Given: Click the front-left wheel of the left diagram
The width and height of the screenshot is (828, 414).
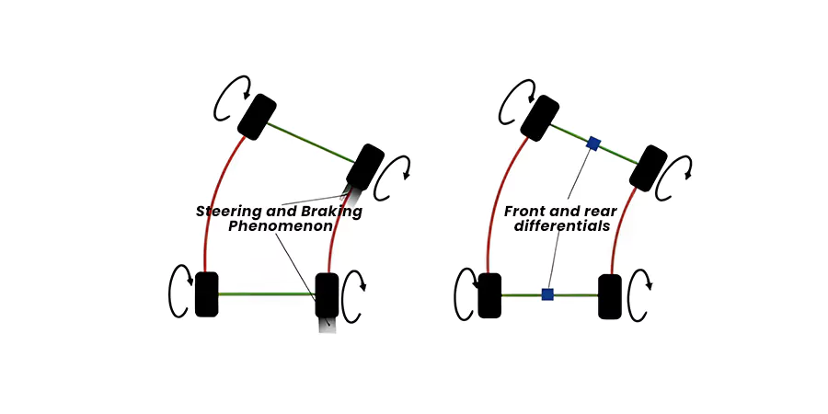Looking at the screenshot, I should pos(257,116).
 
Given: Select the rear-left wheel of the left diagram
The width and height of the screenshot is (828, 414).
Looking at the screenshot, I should pos(207,294).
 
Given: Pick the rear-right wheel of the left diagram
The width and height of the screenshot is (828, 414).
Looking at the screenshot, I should pos(327,294).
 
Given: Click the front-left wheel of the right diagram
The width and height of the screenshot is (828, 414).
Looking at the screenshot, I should pos(540,116).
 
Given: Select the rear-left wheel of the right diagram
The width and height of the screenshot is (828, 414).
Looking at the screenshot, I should pos(489,295).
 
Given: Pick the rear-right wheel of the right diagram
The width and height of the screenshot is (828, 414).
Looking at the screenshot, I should pos(609,295).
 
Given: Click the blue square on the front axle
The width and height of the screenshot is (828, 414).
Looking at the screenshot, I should pos(593,143).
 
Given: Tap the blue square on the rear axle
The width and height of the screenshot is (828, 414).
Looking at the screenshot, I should pos(547,294).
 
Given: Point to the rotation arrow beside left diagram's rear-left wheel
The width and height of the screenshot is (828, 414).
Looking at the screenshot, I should pos(178,293).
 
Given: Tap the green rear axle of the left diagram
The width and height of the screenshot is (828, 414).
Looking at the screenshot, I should pos(267,294).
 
